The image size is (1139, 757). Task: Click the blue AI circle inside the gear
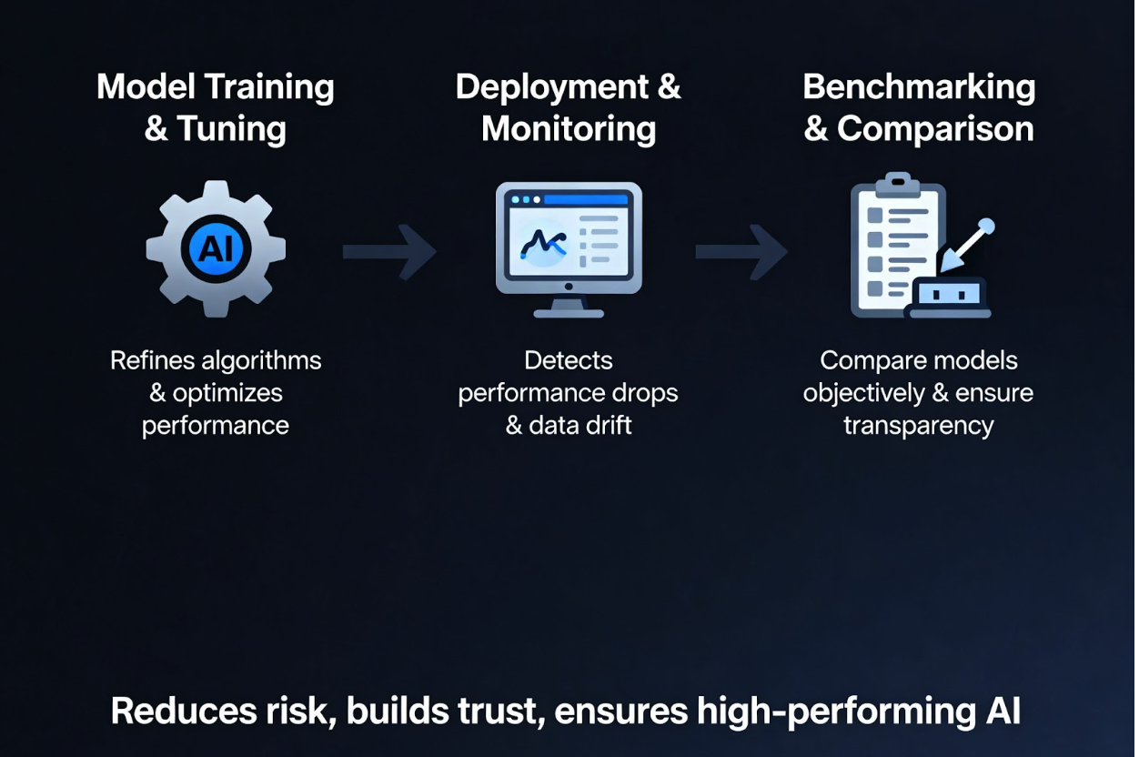coord(216,248)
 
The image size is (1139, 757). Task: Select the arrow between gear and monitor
coord(389,251)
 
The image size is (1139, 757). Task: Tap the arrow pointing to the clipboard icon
coord(741,251)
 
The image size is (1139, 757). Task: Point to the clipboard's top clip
coord(897,181)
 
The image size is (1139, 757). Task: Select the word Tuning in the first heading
coord(232,128)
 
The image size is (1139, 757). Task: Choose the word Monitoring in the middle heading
coord(569,128)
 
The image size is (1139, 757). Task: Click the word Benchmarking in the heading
coord(919,87)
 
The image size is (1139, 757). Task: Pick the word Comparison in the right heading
coord(935,128)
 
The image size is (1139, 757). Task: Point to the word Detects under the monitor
coord(569,360)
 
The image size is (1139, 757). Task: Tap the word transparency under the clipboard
coord(919,425)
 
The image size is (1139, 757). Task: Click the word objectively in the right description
coord(864,393)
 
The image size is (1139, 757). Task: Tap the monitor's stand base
coord(569,312)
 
